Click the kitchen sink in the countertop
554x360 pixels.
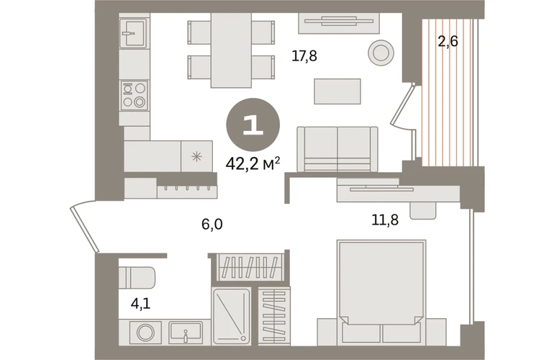pyautogui.click(x=133, y=33)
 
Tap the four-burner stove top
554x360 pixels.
pyautogui.click(x=135, y=95)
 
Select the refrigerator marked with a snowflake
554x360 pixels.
pyautogui.click(x=197, y=156)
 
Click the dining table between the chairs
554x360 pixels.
pyautogui.click(x=231, y=50)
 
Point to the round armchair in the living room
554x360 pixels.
pyautogui.click(x=381, y=53)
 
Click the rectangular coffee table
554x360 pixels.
pyautogui.click(x=337, y=91)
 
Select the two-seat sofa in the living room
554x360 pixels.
pyautogui.click(x=337, y=149)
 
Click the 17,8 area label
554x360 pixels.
pyautogui.click(x=304, y=56)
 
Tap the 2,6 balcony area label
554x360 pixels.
pyautogui.click(x=448, y=42)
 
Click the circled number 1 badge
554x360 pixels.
pyautogui.click(x=253, y=125)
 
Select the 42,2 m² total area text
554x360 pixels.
pyautogui.click(x=253, y=163)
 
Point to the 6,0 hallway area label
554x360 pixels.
pyautogui.click(x=212, y=224)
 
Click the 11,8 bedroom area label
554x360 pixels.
pyautogui.click(x=385, y=220)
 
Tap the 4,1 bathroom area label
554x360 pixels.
pyautogui.click(x=140, y=303)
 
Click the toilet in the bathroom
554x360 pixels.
pyautogui.click(x=137, y=278)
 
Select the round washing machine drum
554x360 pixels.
pyautogui.click(x=145, y=332)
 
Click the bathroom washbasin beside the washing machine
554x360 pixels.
pyautogui.click(x=186, y=332)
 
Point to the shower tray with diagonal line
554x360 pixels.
pyautogui.click(x=232, y=316)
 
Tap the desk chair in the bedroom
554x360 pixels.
pyautogui.click(x=423, y=211)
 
